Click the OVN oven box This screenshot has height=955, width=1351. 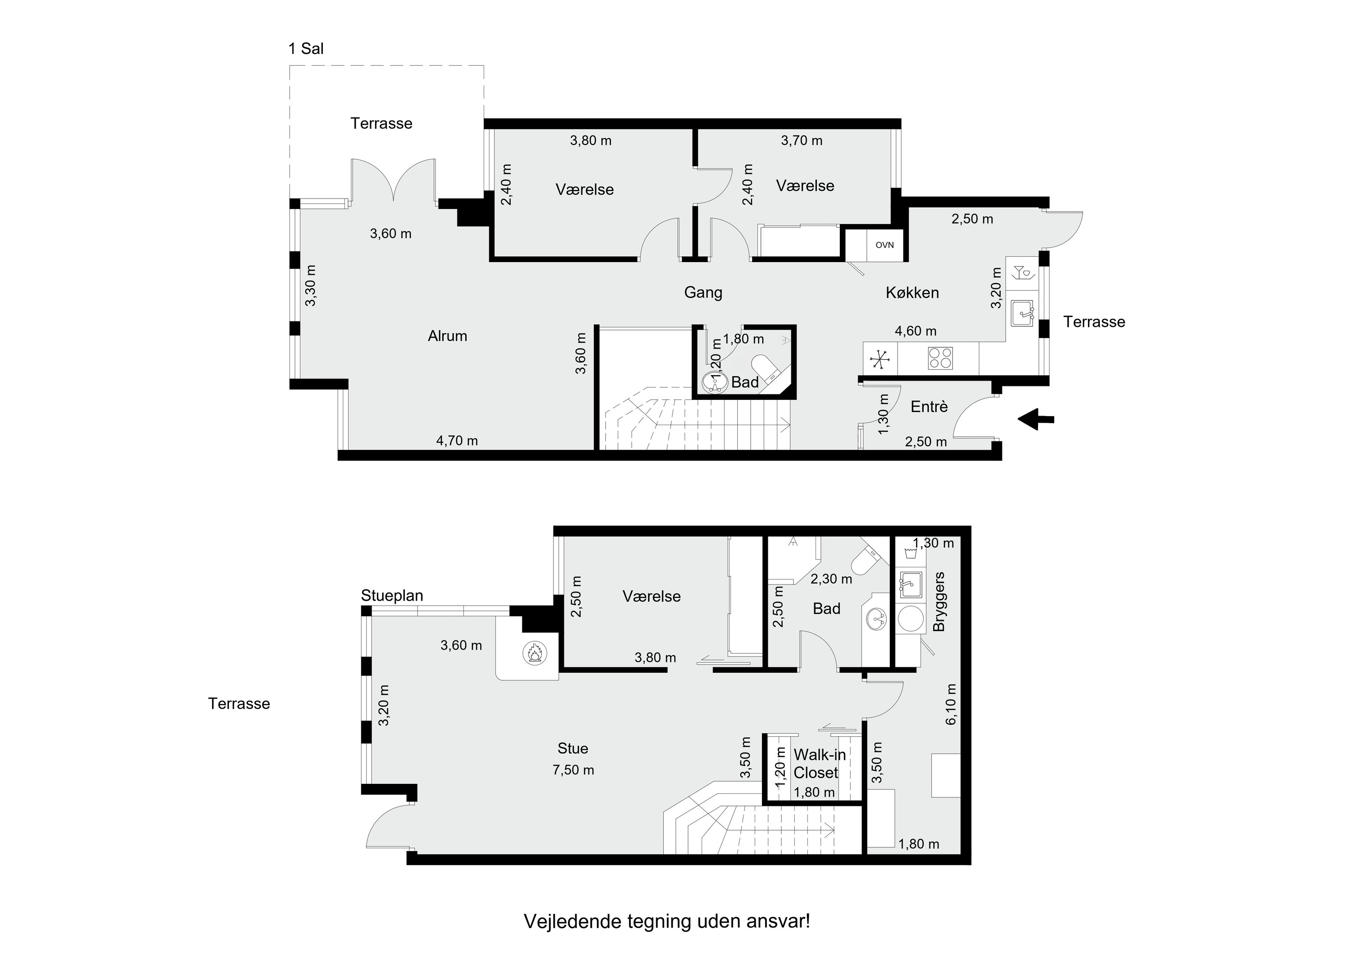tap(884, 245)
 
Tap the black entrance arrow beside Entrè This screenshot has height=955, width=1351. tap(1036, 420)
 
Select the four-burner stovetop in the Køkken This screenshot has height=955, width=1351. tap(940, 358)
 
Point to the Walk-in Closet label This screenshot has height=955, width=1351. tap(819, 763)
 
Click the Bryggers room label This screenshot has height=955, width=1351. tap(939, 602)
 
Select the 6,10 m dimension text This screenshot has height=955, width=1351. tap(952, 704)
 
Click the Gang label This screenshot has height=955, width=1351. tap(703, 292)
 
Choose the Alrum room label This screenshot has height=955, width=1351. tap(447, 336)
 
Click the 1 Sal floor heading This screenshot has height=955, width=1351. tap(306, 48)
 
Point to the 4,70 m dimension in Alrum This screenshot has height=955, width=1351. tap(457, 441)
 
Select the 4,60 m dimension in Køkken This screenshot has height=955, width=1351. tap(916, 331)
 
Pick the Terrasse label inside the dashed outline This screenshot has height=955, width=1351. tap(381, 123)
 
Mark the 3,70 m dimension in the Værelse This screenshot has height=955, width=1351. tap(802, 140)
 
